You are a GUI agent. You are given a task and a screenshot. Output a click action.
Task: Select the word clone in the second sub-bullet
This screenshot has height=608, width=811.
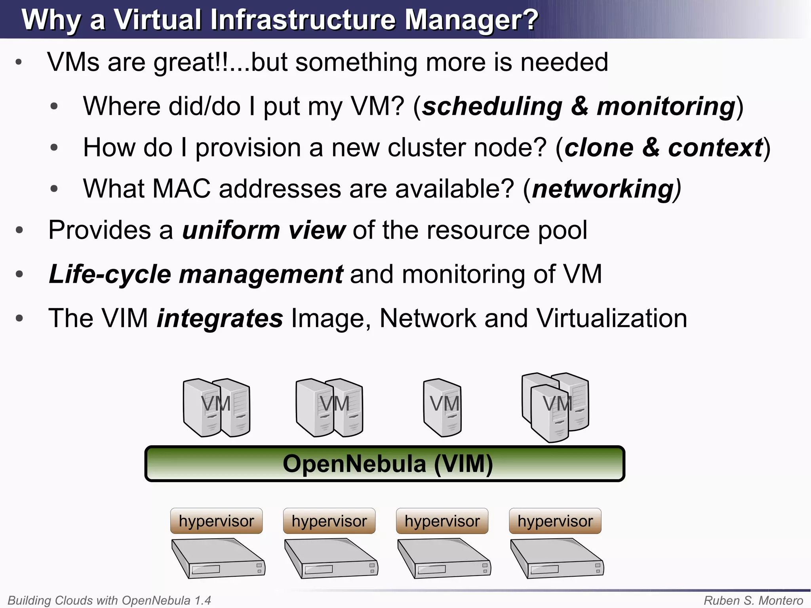click(599, 148)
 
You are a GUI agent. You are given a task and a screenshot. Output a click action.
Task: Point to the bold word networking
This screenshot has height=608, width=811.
click(603, 189)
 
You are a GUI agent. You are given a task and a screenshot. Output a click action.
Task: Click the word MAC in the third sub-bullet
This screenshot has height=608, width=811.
click(181, 189)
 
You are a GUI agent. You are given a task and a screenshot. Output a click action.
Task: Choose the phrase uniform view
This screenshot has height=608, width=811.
click(264, 230)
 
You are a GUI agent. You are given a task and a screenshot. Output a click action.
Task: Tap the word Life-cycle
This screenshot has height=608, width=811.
click(109, 274)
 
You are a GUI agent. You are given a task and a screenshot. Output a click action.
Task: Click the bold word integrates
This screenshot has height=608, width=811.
click(220, 318)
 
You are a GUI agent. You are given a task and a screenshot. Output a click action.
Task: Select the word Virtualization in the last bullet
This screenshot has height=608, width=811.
click(611, 318)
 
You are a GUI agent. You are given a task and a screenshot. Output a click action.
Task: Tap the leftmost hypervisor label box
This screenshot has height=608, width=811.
click(216, 521)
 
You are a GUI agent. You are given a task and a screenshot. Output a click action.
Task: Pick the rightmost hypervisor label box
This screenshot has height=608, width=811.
click(555, 521)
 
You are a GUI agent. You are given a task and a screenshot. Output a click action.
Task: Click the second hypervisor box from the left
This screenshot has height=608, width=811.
click(329, 521)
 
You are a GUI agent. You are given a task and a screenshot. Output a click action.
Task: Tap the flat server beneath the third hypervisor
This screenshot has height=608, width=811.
click(444, 558)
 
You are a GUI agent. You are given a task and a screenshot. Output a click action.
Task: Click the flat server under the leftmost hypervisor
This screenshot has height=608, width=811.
click(218, 558)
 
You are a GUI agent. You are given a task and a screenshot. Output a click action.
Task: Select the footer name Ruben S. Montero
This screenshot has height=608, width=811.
click(753, 600)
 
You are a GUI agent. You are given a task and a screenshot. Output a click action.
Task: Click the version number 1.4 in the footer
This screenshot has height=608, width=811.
click(202, 600)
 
